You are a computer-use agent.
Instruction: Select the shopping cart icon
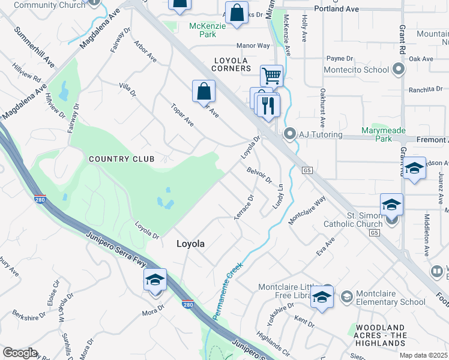click(x=272, y=76)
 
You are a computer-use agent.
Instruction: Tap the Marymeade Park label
click(x=384, y=134)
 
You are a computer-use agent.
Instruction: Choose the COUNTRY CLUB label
click(x=121, y=159)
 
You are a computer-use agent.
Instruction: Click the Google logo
click(x=20, y=353)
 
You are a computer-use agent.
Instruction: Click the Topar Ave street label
click(x=182, y=115)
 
